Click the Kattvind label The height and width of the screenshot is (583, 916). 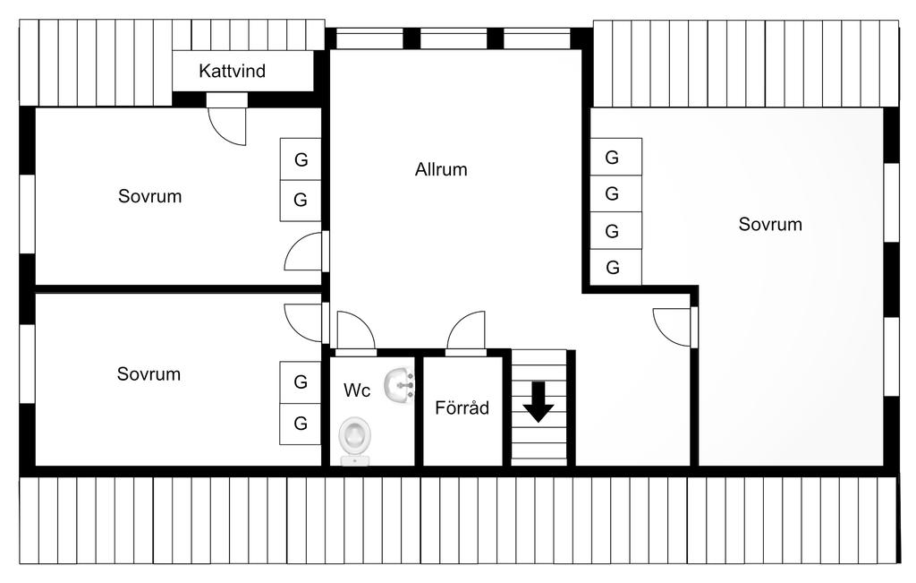pos(232,71)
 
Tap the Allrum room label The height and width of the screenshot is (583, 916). pos(441,169)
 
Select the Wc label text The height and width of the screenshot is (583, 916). pos(357,390)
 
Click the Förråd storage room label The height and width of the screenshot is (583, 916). pos(462,407)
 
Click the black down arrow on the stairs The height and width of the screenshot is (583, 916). pos(538,402)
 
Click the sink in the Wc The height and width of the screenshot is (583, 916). pos(399,385)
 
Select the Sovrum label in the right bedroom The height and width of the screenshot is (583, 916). pos(770,224)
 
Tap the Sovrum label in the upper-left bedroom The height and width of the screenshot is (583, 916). pos(149,196)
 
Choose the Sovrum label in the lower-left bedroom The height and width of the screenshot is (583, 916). pos(148,373)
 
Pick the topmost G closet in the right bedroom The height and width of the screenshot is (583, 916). pos(615,157)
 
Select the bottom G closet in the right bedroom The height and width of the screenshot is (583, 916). pos(615,267)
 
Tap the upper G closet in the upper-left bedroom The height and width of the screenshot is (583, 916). pos(301,159)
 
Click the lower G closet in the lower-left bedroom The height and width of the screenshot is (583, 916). pos(301,424)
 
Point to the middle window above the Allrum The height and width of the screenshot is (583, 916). pos(454,39)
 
